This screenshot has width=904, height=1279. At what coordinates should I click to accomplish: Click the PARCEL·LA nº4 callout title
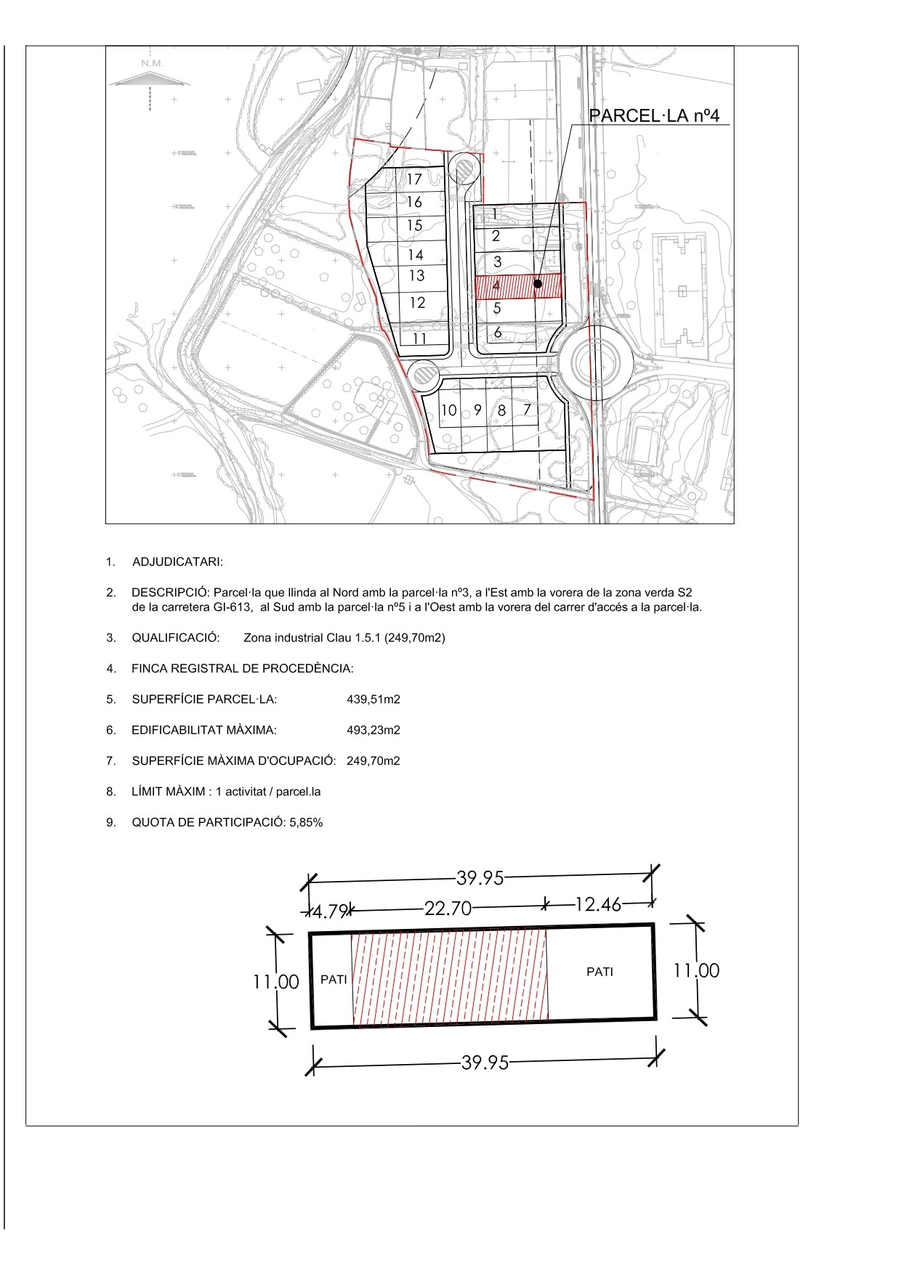pyautogui.click(x=653, y=115)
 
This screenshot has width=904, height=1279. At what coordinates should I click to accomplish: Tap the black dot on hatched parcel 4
pyautogui.click(x=537, y=284)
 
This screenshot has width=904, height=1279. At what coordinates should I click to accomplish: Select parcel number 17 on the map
pyautogui.click(x=414, y=179)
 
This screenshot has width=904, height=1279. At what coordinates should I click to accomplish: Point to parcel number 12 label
pyautogui.click(x=417, y=303)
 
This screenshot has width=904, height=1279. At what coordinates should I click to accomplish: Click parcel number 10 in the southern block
pyautogui.click(x=448, y=410)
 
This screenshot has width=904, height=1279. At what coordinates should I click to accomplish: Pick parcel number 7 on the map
pyautogui.click(x=528, y=410)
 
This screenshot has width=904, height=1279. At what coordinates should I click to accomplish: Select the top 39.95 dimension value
pyautogui.click(x=480, y=878)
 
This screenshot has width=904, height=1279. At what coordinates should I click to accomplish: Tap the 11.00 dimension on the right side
pyautogui.click(x=696, y=970)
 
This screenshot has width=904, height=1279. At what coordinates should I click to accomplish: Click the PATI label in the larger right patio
pyautogui.click(x=600, y=971)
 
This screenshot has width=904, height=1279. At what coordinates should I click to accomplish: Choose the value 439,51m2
pyautogui.click(x=374, y=699)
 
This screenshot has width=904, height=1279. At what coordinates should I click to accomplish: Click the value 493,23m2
pyautogui.click(x=374, y=730)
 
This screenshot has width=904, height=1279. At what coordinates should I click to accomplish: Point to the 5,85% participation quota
pyautogui.click(x=305, y=823)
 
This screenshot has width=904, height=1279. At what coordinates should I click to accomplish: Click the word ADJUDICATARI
pyautogui.click(x=177, y=562)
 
